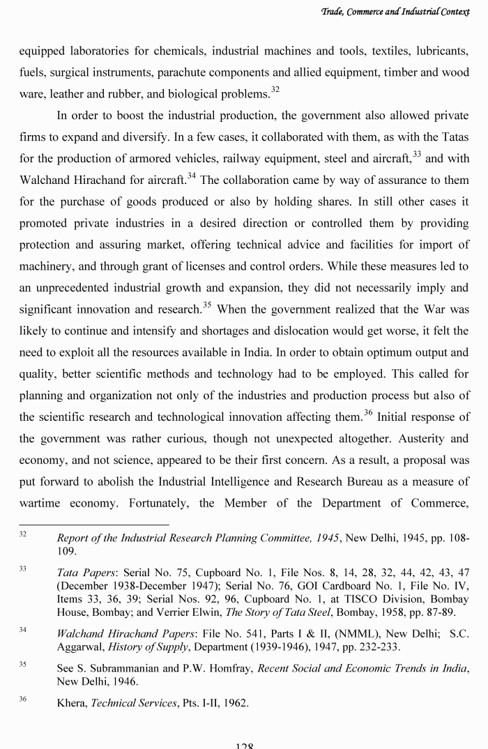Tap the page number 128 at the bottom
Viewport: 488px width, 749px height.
point(244,745)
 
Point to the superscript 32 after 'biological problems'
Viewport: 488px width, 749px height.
point(275,88)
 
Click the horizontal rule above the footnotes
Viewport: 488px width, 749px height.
point(93,525)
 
